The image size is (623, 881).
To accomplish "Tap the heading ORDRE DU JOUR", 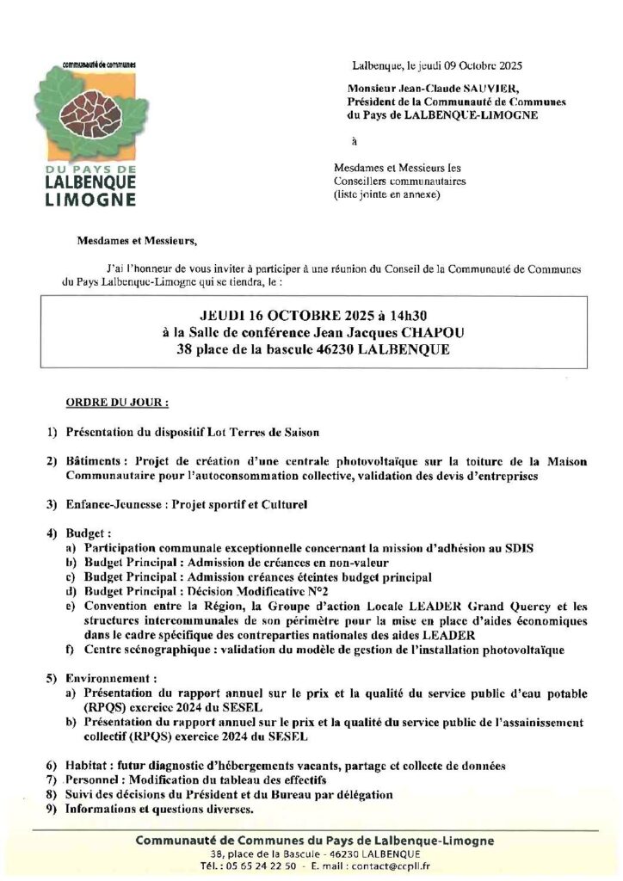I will click(x=117, y=402).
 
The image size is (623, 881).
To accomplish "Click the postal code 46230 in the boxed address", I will click(x=342, y=350).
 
